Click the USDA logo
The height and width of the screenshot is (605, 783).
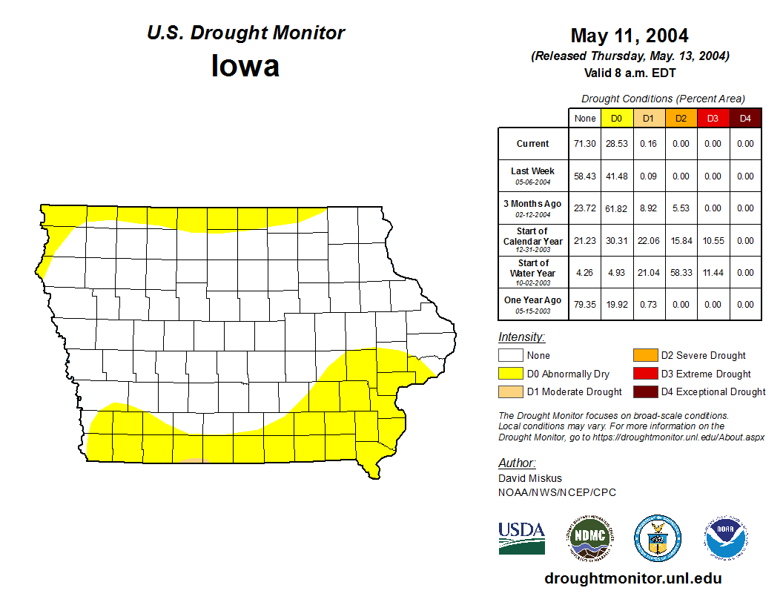pyautogui.click(x=521, y=538)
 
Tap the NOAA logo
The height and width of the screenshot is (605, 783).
pyautogui.click(x=726, y=538)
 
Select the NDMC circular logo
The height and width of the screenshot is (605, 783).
pyautogui.click(x=589, y=538)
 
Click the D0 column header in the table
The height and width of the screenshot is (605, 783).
pyautogui.click(x=616, y=119)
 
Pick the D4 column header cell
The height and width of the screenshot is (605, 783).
pyautogui.click(x=745, y=119)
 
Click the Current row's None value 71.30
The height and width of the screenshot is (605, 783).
pyautogui.click(x=585, y=144)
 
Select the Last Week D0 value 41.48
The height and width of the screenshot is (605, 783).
pyautogui.click(x=616, y=176)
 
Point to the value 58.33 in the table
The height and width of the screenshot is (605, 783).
pyautogui.click(x=681, y=273)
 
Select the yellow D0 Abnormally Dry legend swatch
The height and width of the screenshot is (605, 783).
pyautogui.click(x=511, y=374)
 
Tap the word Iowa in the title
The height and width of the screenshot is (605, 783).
pyautogui.click(x=245, y=65)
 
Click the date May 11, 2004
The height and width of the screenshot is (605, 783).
pyautogui.click(x=630, y=36)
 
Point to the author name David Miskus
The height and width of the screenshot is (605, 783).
pyautogui.click(x=530, y=478)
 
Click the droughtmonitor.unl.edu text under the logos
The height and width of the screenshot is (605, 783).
pyautogui.click(x=632, y=578)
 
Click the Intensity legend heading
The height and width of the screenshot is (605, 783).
pyautogui.click(x=521, y=337)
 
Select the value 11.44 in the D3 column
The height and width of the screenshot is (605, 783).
pyautogui.click(x=713, y=273)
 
